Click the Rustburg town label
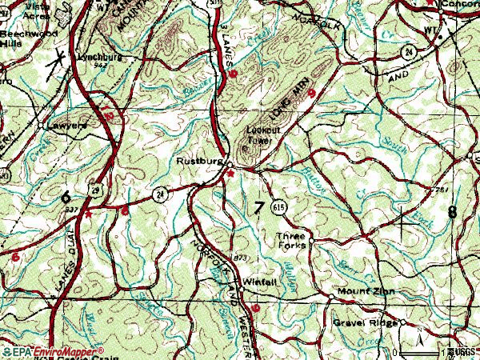click(x=199, y=161)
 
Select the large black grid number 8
click(x=454, y=212)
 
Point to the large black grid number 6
click(x=66, y=196)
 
